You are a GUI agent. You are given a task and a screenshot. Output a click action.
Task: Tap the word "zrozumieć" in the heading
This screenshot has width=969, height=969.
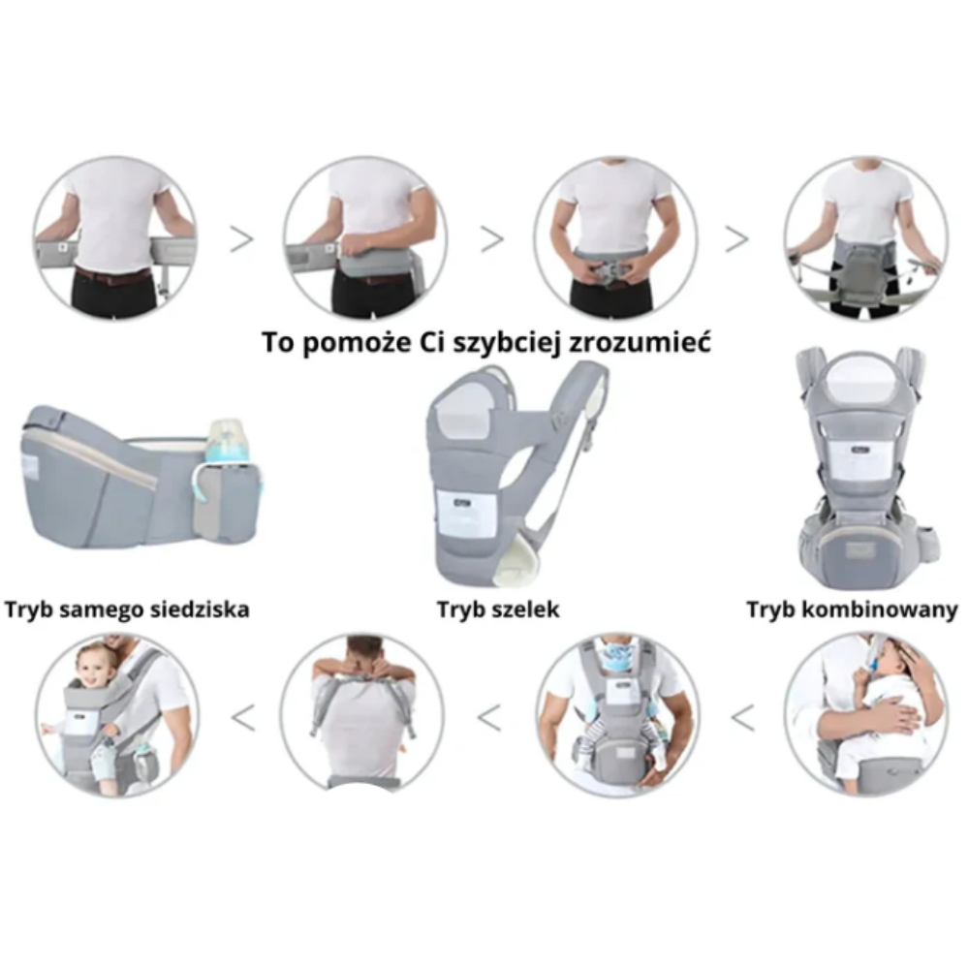click(640, 342)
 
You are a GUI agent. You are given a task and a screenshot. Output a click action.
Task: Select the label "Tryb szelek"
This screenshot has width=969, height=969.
click(498, 610)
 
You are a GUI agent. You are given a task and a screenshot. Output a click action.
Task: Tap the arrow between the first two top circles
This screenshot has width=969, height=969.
click(241, 239)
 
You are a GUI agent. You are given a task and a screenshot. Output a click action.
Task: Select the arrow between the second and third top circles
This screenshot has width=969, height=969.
click(492, 239)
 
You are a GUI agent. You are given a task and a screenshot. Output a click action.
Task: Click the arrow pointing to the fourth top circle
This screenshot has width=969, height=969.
click(736, 239)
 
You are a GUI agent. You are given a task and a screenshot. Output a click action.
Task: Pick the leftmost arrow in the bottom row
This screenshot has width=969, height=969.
click(243, 718)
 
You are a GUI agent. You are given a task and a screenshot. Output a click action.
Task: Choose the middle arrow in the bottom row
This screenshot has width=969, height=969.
click(488, 718)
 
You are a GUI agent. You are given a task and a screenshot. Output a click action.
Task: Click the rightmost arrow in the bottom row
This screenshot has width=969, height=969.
click(743, 718)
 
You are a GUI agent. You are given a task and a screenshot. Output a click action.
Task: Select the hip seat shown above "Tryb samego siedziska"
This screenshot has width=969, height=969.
click(140, 476)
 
